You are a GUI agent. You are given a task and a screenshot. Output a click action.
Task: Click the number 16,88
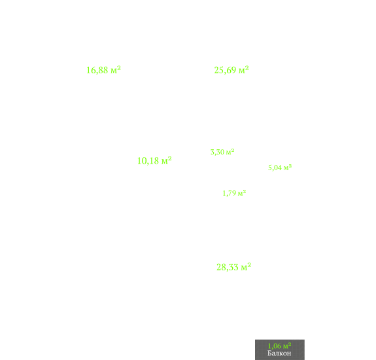click(x=97, y=70)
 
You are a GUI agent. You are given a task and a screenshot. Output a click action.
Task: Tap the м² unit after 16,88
click(x=116, y=69)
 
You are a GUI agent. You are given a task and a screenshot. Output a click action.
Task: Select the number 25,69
click(x=225, y=70)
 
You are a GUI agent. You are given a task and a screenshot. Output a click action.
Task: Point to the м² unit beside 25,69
click(x=244, y=69)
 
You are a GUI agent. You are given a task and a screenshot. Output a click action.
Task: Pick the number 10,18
click(x=148, y=161)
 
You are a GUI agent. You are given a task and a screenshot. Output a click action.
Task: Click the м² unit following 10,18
click(x=166, y=160)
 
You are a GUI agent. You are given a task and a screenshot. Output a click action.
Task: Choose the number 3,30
click(x=217, y=152)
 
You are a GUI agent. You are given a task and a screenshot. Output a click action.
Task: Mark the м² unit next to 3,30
click(x=230, y=152)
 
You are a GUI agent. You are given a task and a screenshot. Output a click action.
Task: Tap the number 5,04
click(x=275, y=168)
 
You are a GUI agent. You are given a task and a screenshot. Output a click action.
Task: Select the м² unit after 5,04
click(x=288, y=168)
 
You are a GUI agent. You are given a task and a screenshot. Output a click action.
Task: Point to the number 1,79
click(x=230, y=193)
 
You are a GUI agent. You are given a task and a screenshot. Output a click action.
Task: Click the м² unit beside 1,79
click(x=242, y=192)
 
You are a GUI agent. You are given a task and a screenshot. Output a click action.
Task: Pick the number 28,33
click(x=228, y=267)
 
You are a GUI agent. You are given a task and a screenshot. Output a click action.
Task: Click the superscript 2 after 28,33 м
click(x=249, y=264)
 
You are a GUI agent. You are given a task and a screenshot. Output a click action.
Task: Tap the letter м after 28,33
click(x=244, y=268)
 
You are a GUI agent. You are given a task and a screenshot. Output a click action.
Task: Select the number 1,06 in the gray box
click(x=275, y=346)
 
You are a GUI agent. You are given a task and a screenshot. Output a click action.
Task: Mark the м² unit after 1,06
click(x=287, y=346)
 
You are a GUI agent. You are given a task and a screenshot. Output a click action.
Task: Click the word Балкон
click(x=279, y=353)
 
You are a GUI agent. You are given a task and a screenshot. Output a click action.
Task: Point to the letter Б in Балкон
click(x=269, y=353)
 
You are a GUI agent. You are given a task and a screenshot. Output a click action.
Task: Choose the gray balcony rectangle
click(x=280, y=350)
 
